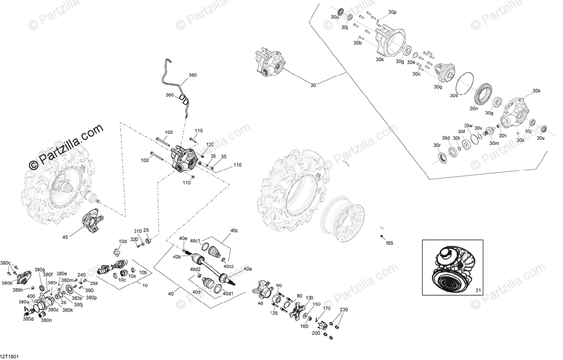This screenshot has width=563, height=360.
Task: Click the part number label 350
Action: (193, 75)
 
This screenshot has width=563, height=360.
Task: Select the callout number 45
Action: (65, 237)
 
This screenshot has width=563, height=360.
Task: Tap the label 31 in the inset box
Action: (479, 289)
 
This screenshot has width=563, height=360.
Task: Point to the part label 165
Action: (389, 243)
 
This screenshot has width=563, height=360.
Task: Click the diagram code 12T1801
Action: (10, 356)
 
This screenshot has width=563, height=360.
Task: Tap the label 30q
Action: (438, 87)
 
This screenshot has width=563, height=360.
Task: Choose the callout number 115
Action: (198, 130)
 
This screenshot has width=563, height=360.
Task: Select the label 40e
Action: (183, 239)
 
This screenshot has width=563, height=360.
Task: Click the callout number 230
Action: (344, 309)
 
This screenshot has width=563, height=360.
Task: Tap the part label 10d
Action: (122, 241)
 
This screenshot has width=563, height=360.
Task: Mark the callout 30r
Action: (437, 146)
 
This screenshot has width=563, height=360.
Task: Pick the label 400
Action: (31, 296)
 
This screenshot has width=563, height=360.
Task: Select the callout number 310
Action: (137, 231)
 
